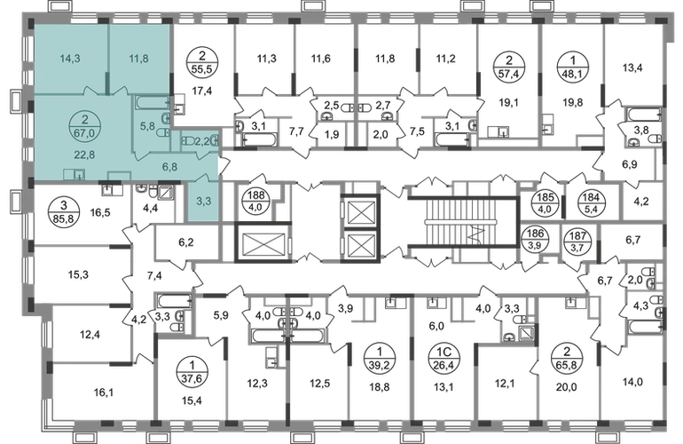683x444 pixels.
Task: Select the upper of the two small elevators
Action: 361,210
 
